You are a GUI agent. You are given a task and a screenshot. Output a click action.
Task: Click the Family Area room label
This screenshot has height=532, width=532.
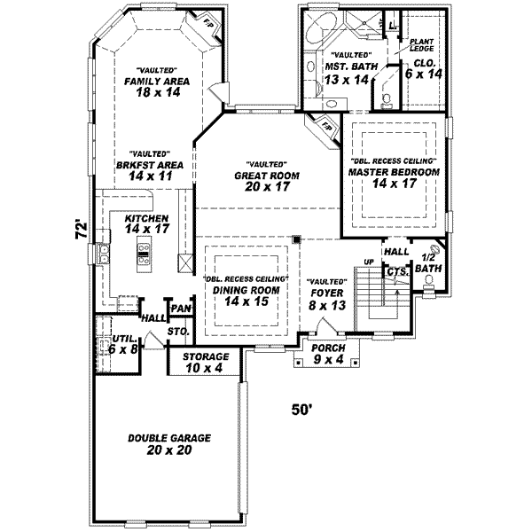(x=159, y=81)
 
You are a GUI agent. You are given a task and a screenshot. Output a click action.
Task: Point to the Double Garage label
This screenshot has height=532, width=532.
(x=168, y=444)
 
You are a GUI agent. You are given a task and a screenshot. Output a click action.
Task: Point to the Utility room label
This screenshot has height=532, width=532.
(x=124, y=344)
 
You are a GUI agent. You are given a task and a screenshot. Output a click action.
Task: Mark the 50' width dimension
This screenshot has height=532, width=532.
(x=303, y=410)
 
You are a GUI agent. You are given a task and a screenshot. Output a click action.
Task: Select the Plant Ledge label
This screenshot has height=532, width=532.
(x=420, y=43)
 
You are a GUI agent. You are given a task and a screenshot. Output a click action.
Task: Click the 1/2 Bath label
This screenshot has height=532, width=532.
(x=427, y=262)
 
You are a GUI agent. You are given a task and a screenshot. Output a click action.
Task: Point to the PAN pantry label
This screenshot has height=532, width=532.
(x=181, y=308)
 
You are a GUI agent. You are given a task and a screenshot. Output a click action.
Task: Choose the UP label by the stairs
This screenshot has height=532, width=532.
(x=369, y=262)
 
